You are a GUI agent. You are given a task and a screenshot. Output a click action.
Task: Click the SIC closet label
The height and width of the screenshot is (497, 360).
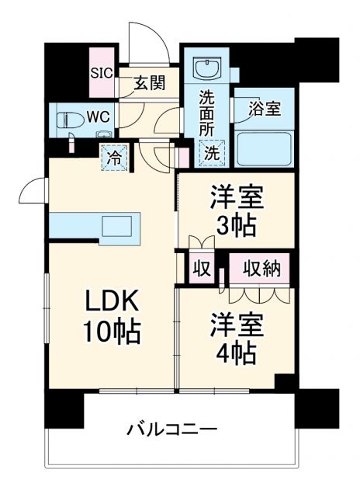(102, 75)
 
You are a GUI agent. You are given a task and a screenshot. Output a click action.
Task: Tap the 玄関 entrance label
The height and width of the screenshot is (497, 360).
(147, 83)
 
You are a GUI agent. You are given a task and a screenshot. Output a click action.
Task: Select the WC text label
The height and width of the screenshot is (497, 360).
(97, 118)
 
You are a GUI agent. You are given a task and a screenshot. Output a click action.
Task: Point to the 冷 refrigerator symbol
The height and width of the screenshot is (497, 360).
(114, 157)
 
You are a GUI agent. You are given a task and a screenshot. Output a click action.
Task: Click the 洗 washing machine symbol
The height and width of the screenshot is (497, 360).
(211, 153)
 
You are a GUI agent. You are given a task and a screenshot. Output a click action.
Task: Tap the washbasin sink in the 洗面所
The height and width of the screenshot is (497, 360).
(208, 70)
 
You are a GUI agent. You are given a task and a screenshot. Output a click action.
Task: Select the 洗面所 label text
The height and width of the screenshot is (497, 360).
(207, 114)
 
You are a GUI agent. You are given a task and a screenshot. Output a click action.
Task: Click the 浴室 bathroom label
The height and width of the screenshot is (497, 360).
(264, 109)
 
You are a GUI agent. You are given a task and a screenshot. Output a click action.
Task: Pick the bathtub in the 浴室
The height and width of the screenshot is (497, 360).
(264, 148)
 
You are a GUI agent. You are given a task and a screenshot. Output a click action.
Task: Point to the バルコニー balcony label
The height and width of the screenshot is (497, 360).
(171, 429)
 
